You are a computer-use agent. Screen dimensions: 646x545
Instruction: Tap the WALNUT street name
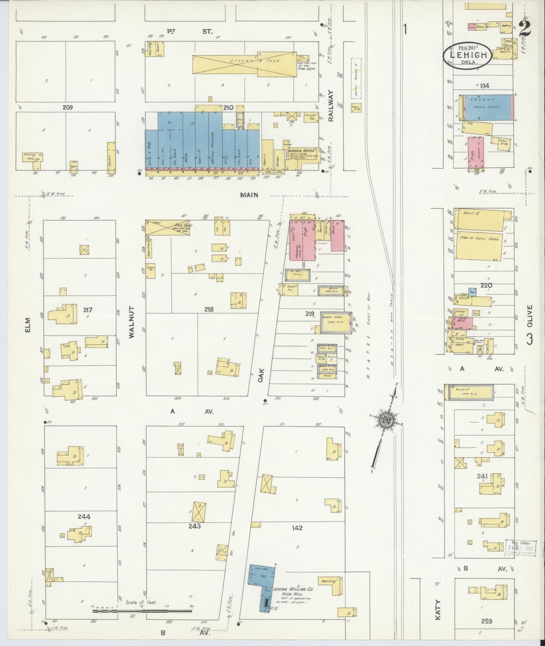(x=131, y=322)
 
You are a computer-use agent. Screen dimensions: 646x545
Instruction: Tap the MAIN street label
(x=249, y=195)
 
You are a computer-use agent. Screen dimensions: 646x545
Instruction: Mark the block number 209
(x=68, y=107)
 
